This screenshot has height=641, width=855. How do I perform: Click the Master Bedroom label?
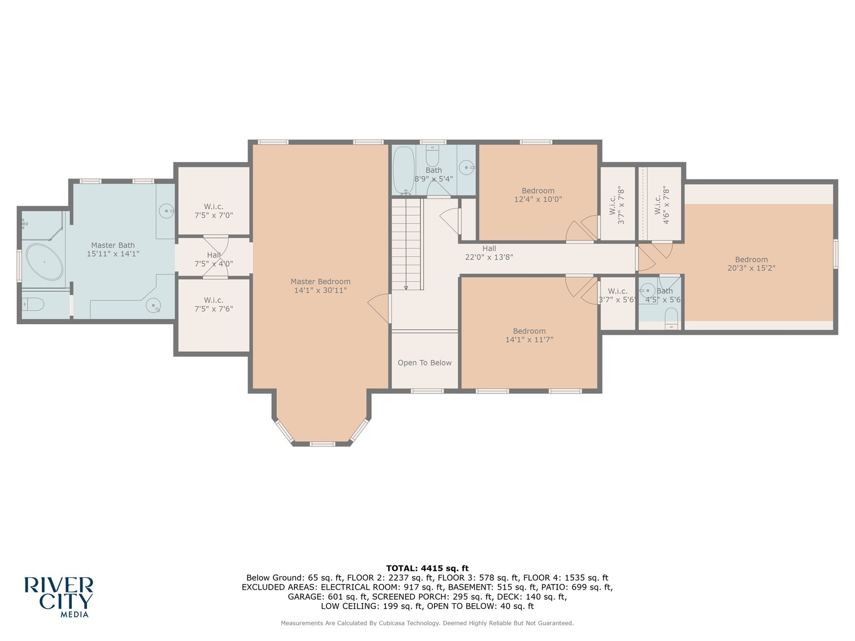320,281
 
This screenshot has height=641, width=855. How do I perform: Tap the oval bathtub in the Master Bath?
44,262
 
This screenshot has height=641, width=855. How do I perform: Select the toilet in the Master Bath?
33,305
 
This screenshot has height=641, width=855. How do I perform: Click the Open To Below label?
424,363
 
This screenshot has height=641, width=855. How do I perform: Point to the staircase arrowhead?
406,287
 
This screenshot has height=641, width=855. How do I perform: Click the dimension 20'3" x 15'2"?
751,268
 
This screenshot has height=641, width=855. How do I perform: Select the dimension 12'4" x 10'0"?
538,199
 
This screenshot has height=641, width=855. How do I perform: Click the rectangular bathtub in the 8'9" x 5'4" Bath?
403,169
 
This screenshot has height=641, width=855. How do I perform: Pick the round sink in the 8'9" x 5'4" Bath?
466,167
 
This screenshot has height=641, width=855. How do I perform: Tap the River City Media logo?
58,596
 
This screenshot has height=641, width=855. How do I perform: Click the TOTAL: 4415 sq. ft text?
427,568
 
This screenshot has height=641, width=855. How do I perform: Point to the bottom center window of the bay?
322,444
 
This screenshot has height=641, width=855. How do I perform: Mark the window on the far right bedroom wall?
835,253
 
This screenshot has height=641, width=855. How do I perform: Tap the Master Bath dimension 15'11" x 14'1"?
112,254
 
